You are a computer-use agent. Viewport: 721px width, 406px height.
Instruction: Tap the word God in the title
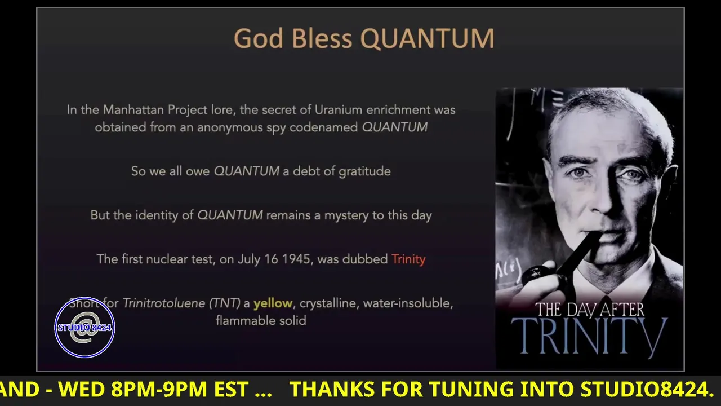(259, 38)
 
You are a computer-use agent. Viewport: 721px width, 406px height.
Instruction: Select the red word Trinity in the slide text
(408, 259)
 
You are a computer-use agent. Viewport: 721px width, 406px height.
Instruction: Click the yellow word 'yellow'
(273, 303)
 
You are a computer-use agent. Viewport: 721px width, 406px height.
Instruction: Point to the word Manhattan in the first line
(133, 110)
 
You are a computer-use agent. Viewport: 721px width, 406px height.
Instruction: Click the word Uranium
(339, 110)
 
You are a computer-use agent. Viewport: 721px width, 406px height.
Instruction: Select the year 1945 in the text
(296, 259)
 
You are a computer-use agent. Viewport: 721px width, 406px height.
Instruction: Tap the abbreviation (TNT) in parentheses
(225, 303)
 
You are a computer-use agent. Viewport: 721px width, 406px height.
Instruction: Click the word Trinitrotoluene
(164, 303)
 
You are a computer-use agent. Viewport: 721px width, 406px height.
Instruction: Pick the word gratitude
(364, 171)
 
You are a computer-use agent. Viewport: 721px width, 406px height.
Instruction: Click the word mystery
(346, 215)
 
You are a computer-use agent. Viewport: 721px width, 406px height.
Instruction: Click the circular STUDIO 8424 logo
(84, 328)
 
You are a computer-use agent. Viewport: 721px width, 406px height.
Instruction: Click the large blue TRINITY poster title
(589, 336)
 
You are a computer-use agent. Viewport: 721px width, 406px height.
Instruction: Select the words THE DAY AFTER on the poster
(590, 310)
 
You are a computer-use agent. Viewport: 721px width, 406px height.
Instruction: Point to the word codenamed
(323, 127)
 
